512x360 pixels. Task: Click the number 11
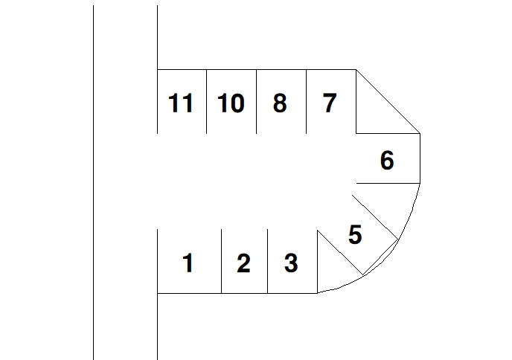click(181, 103)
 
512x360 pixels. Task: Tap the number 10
click(231, 103)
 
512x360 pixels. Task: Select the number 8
click(280, 103)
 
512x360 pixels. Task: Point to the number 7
click(330, 103)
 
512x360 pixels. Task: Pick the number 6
click(387, 160)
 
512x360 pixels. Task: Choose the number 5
click(355, 235)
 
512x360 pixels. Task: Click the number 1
click(188, 263)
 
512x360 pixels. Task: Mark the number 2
click(243, 263)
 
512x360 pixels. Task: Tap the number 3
click(291, 263)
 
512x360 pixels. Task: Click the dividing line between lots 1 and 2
click(221, 260)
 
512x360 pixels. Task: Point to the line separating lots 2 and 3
click(267, 260)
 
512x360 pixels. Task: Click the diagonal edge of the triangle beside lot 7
click(388, 101)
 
